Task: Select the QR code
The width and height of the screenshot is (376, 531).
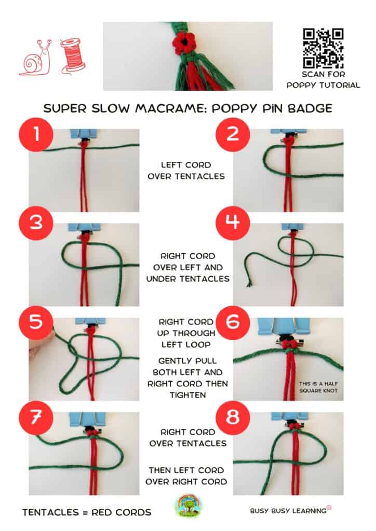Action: (x=323, y=48)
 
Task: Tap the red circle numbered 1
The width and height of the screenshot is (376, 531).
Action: (x=36, y=134)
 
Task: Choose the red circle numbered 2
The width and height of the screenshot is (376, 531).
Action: (x=233, y=134)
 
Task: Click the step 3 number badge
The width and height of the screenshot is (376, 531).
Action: (x=36, y=222)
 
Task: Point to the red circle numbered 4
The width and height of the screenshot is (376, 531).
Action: (x=233, y=222)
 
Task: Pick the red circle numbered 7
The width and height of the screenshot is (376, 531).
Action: (x=36, y=417)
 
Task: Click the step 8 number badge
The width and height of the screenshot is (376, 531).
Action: (x=233, y=417)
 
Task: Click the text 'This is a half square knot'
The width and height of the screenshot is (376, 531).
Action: (x=318, y=387)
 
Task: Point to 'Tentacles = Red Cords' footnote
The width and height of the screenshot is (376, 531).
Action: (x=87, y=512)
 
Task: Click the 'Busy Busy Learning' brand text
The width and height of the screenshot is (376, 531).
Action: (x=290, y=510)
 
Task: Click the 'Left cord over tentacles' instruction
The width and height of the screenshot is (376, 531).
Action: (x=186, y=171)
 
